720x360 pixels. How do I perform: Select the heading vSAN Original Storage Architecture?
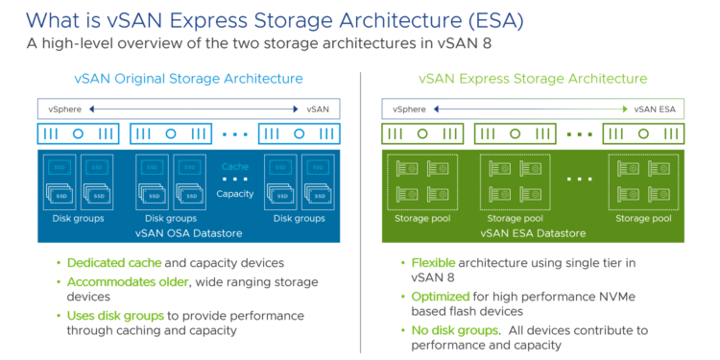coord(188,79)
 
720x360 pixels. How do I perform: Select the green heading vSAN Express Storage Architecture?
coord(533,79)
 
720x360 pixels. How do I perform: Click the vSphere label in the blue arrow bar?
coord(60,109)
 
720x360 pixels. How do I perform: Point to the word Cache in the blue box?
coord(235,166)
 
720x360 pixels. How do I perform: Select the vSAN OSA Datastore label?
coord(188,232)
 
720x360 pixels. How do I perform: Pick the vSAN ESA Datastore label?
coord(533,232)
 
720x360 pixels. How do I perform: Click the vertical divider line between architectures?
coord(359,211)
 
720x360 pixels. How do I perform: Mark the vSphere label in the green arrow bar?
coord(405,109)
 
